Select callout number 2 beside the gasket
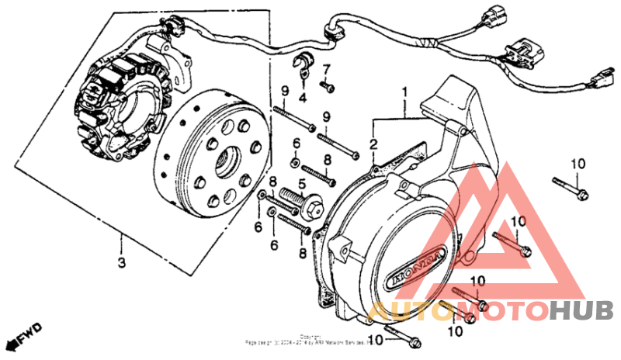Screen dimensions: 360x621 tap(373, 144)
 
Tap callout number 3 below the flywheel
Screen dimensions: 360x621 tap(121, 263)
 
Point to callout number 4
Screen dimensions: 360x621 tap(303, 97)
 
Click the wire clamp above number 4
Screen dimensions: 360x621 tap(303, 66)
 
